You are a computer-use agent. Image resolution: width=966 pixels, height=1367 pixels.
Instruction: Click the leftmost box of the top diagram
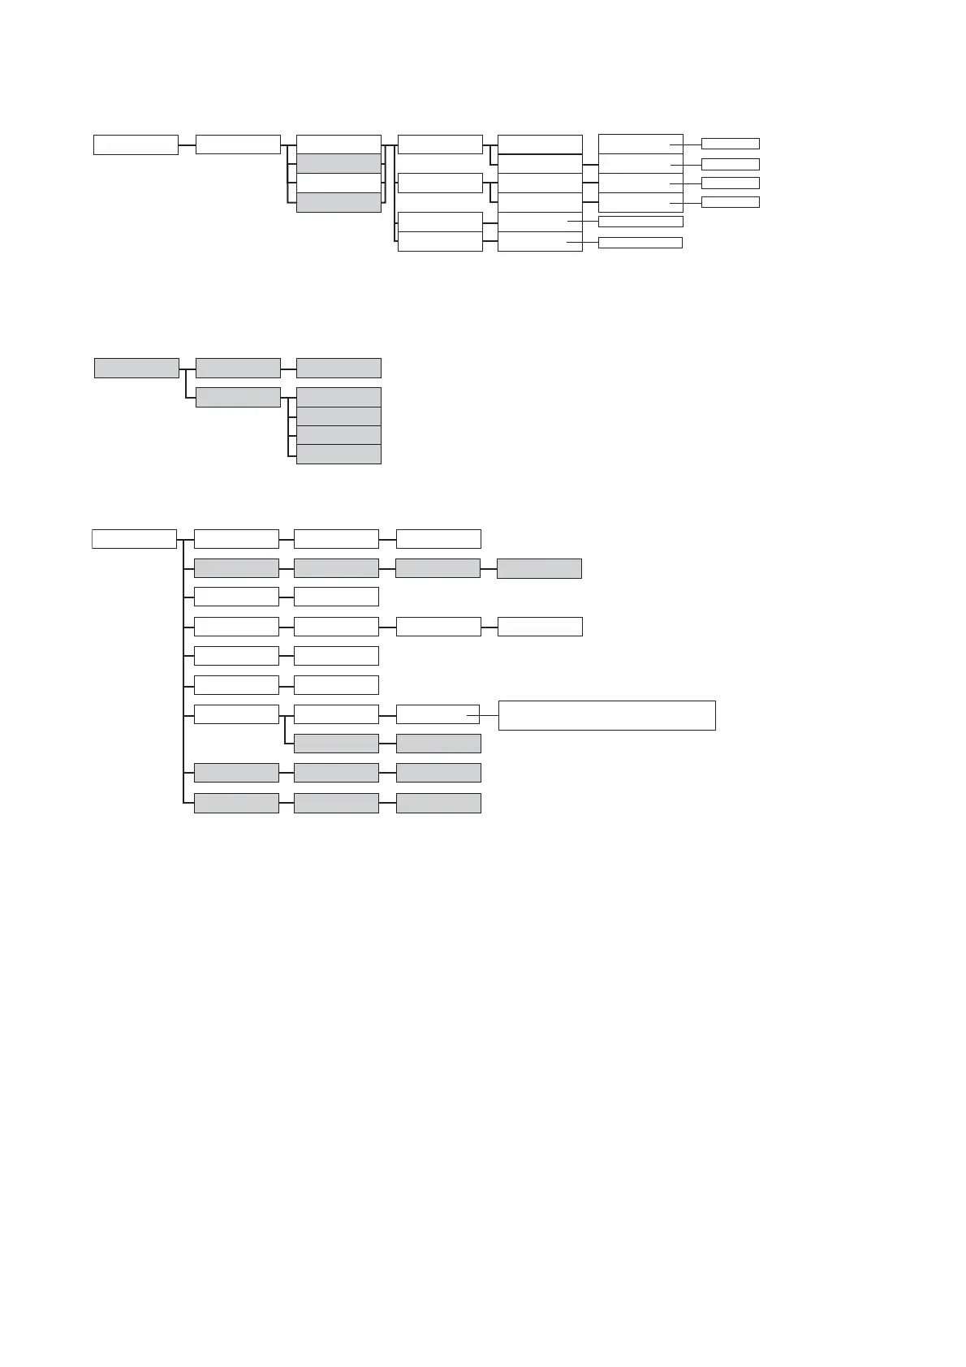[x=136, y=144]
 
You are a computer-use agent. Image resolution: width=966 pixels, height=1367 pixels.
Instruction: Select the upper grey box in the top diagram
[x=339, y=163]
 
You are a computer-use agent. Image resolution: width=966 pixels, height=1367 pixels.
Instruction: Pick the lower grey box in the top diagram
[x=339, y=202]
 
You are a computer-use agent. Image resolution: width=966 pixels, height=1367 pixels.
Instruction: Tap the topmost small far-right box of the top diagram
[x=730, y=144]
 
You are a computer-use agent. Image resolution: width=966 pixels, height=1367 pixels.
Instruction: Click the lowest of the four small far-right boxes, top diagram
[x=730, y=202]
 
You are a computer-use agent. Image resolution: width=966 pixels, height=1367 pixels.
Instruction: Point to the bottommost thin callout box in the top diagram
[x=640, y=243]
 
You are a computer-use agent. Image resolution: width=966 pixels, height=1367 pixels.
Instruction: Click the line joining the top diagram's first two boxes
[x=187, y=145]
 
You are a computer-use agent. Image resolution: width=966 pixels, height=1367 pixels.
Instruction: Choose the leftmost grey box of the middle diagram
[x=136, y=368]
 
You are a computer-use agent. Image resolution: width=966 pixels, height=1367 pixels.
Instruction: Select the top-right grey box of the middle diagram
[x=339, y=368]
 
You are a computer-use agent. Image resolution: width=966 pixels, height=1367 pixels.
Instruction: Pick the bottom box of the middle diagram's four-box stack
[x=339, y=455]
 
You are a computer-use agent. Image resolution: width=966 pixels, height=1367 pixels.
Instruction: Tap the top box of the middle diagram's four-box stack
[x=339, y=397]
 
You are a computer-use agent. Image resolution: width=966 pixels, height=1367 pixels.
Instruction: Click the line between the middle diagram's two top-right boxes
[x=288, y=368]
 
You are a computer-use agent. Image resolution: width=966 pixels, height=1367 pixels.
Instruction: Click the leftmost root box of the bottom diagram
[x=134, y=539]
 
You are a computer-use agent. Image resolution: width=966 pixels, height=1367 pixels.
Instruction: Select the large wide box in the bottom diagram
[x=606, y=715]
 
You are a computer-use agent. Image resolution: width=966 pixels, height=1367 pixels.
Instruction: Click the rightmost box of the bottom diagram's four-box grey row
[x=539, y=568]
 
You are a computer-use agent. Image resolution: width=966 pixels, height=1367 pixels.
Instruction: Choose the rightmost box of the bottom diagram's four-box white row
[x=540, y=627]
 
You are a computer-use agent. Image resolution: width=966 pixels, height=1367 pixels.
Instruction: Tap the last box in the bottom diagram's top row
[x=438, y=539]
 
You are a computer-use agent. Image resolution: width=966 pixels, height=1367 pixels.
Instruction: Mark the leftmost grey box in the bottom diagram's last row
[x=236, y=803]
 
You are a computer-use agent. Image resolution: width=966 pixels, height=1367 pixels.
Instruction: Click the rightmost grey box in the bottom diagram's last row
[x=438, y=803]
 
